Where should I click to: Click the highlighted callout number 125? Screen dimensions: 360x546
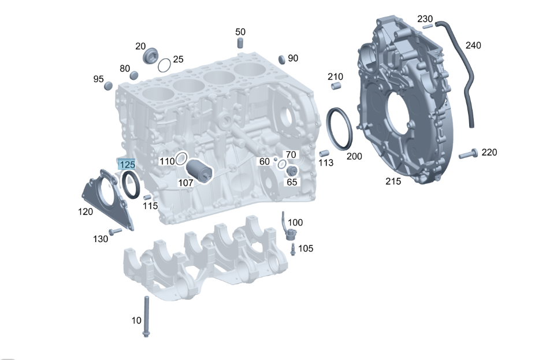point(127,165)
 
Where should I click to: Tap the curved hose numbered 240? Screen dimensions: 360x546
point(466,75)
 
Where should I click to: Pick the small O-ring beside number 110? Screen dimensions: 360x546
point(181,158)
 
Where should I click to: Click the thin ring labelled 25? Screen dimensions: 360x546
point(164,64)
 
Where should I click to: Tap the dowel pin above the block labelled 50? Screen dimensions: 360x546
point(240,43)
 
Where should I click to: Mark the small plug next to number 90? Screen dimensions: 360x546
point(282,59)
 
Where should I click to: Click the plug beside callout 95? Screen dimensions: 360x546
point(108,87)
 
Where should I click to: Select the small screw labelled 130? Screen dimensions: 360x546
point(115,232)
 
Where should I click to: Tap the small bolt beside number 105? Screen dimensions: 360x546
point(293,249)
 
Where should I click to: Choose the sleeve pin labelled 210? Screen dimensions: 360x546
point(335,87)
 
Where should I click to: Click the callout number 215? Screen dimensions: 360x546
point(394,181)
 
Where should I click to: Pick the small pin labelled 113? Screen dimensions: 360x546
point(324,154)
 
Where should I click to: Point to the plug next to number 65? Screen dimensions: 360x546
point(291,170)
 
